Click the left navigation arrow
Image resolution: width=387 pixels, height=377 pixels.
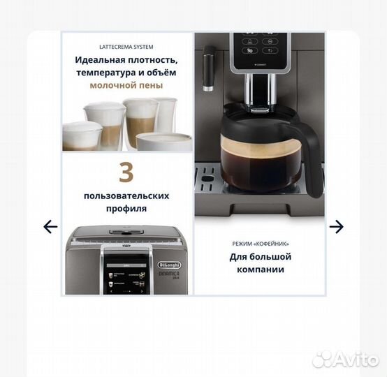click(50, 226)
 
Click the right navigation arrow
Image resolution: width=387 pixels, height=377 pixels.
click(337, 226)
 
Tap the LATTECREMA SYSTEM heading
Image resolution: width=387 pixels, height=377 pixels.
click(126, 47)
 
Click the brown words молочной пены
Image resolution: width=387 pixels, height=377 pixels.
click(126, 85)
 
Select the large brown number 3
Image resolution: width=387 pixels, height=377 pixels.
click(126, 172)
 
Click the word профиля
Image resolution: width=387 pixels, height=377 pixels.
click(126, 209)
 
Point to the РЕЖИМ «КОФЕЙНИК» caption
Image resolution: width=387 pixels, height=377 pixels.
click(261, 244)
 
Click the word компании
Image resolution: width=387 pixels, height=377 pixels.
click(261, 269)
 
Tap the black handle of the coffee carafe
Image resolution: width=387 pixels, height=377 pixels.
click(312, 150)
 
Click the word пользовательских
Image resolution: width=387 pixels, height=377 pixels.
click(126, 196)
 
